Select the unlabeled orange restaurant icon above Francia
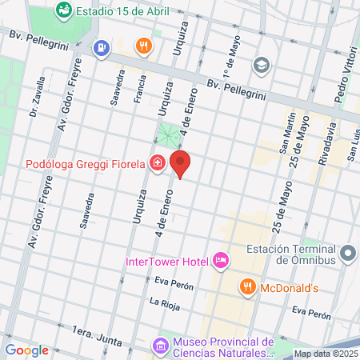(x=144, y=46)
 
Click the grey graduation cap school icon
(x=261, y=65)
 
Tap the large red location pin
(x=181, y=164)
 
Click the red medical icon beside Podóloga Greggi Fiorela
(x=158, y=164)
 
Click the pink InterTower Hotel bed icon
(x=220, y=261)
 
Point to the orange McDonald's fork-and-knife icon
(x=248, y=287)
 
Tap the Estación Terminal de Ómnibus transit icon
(x=348, y=254)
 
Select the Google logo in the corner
(x=26, y=350)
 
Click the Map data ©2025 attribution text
(x=326, y=354)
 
